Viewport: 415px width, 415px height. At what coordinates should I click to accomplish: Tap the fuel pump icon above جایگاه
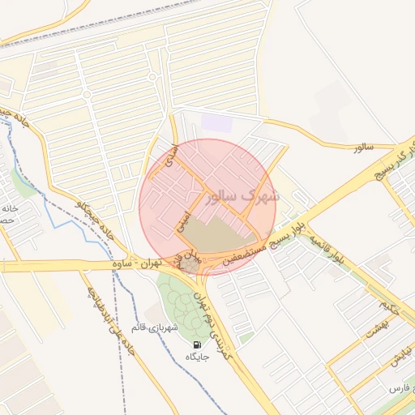199,345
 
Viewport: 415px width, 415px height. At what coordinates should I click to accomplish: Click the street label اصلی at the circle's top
169,154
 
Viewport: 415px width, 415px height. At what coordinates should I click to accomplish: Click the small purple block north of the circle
216,123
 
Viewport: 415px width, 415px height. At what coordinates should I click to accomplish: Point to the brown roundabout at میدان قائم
189,265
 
